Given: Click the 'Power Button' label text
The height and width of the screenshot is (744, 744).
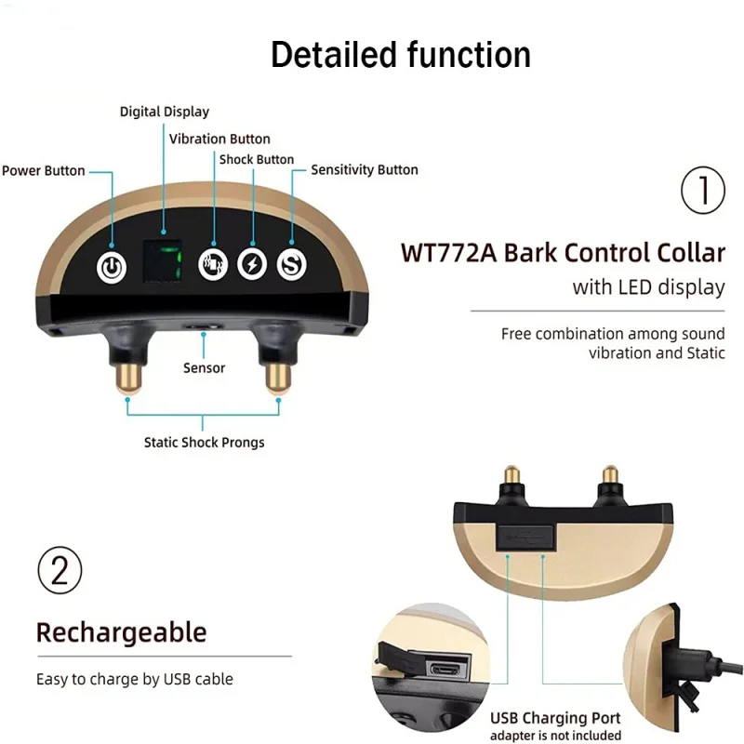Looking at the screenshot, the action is (x=43, y=171).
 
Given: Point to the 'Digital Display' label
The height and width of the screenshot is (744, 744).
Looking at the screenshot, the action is (x=165, y=112).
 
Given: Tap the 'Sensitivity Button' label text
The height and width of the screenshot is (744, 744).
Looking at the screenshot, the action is (x=364, y=170).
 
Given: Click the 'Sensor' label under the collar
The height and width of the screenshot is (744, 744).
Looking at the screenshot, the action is (x=204, y=368).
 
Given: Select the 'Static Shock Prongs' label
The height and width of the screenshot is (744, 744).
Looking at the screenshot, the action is (x=204, y=443).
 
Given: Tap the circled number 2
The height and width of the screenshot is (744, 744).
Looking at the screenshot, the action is (x=60, y=571).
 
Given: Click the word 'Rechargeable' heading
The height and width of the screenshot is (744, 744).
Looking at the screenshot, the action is (x=121, y=632).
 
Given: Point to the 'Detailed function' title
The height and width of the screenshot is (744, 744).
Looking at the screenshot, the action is (x=400, y=55).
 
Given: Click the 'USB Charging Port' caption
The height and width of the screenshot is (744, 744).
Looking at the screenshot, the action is (x=555, y=718).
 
